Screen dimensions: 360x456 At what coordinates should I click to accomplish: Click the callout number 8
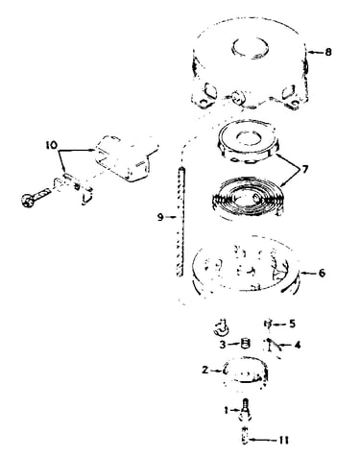pyautogui.click(x=328, y=52)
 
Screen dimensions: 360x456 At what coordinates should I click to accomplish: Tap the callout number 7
pyautogui.click(x=304, y=169)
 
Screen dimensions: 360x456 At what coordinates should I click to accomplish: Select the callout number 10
pyautogui.click(x=51, y=145)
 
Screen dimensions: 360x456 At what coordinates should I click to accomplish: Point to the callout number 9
pyautogui.click(x=160, y=217)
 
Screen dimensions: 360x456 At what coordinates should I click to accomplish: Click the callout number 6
pyautogui.click(x=322, y=273)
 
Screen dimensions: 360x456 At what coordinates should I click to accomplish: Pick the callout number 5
pyautogui.click(x=292, y=324)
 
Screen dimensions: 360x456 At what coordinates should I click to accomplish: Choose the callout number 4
pyautogui.click(x=297, y=345)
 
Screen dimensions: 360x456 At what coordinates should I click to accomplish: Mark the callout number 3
pyautogui.click(x=223, y=345)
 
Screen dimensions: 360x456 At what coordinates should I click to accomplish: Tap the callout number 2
pyautogui.click(x=205, y=370)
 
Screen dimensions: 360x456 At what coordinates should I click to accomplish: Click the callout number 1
pyautogui.click(x=226, y=410)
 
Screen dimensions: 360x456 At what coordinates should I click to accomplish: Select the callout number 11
pyautogui.click(x=283, y=440)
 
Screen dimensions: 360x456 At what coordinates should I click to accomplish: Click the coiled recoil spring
pyautogui.click(x=248, y=199)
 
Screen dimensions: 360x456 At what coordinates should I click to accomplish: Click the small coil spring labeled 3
pyautogui.click(x=245, y=345)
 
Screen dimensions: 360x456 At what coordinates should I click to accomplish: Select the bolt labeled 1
pyautogui.click(x=245, y=411)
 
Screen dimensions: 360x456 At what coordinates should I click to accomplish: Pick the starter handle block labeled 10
pyautogui.click(x=126, y=158)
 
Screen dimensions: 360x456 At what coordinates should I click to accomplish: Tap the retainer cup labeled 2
pyautogui.click(x=247, y=372)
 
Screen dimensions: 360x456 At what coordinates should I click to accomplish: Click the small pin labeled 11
pyautogui.click(x=245, y=436)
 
